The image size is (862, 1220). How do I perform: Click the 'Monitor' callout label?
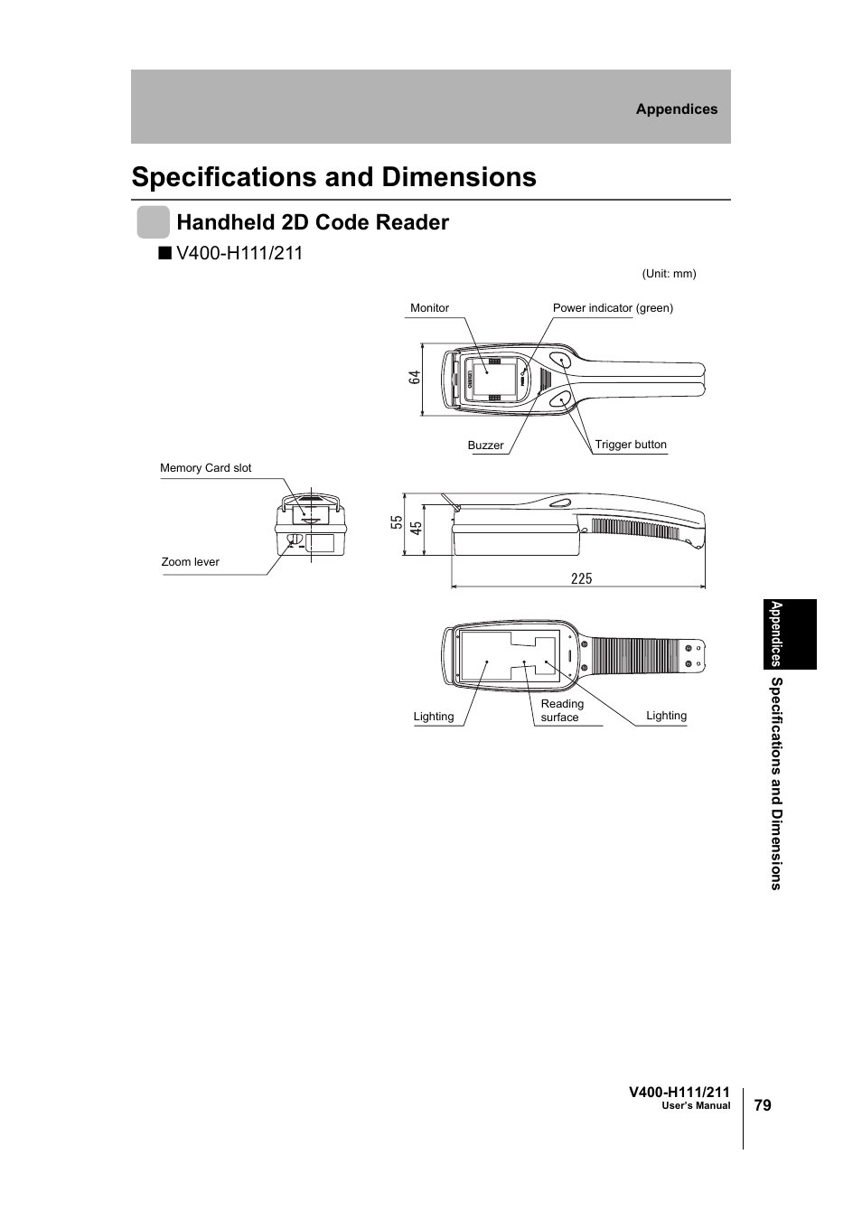click(x=429, y=308)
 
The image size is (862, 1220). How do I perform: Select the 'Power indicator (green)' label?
click(x=613, y=308)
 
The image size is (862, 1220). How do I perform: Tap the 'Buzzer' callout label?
click(x=485, y=446)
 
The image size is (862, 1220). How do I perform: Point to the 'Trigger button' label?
click(x=631, y=445)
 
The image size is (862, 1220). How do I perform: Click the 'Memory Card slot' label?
click(x=206, y=468)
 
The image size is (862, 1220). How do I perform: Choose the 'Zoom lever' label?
click(x=191, y=562)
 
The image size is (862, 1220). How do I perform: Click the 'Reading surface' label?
click(x=561, y=710)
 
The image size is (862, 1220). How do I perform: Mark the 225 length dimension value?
click(x=581, y=578)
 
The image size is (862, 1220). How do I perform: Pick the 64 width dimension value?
click(x=415, y=378)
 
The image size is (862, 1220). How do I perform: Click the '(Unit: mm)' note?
click(x=669, y=274)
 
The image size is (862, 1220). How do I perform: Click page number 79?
click(x=763, y=1105)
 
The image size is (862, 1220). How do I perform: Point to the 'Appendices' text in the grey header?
click(x=676, y=109)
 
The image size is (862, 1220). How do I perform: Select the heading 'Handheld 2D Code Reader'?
click(x=313, y=222)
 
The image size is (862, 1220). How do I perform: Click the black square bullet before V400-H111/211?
click(x=163, y=253)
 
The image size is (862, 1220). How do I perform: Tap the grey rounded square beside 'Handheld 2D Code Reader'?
click(x=153, y=222)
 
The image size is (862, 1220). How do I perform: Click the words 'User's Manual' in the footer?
click(x=696, y=1106)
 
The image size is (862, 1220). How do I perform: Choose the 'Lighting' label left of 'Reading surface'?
click(x=434, y=717)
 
